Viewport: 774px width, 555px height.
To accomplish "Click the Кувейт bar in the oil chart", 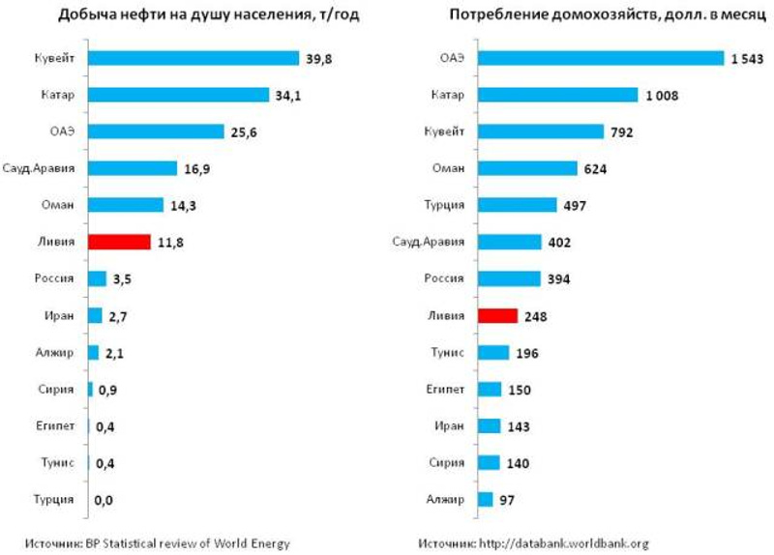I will point(193,58).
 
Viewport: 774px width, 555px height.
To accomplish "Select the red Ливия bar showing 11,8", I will point(119,242).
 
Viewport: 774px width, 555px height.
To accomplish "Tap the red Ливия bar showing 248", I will point(497,315).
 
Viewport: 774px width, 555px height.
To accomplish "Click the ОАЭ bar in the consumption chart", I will point(601,58).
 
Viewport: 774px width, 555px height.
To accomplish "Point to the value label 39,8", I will point(320,58).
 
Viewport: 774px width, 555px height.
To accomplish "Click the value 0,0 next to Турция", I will point(107,501).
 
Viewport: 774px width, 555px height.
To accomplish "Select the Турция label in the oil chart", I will point(57,501).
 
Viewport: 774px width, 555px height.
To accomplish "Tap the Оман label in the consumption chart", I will point(446,168).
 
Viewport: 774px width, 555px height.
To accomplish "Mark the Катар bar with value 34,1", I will point(178,95).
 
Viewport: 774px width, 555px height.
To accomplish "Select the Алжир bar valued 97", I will point(485,499).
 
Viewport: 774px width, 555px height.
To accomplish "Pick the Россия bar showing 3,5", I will point(97,278).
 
